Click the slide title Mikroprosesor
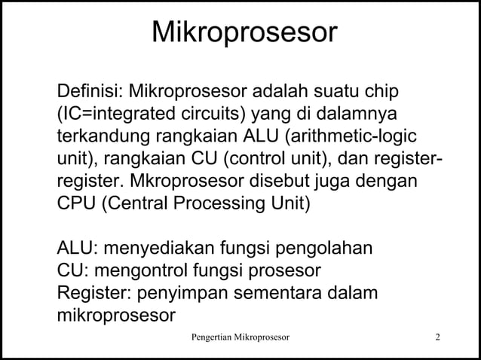tap(244, 34)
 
